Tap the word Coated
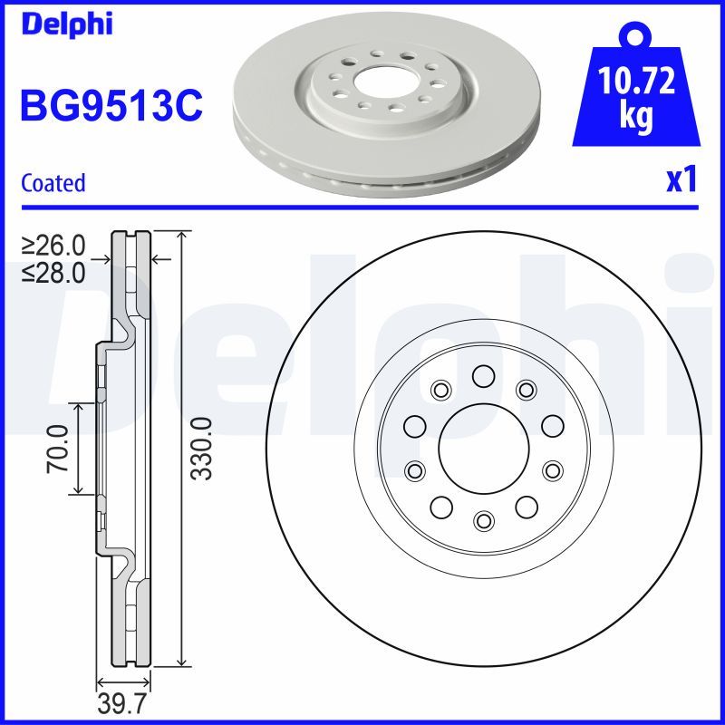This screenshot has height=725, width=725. point(53,183)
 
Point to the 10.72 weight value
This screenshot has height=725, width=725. point(636,82)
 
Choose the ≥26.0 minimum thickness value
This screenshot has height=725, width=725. point(53,246)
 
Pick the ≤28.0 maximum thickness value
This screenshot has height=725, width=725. point(53,271)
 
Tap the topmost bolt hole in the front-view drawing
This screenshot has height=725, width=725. point(482,375)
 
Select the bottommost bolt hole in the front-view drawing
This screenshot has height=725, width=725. point(482,519)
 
